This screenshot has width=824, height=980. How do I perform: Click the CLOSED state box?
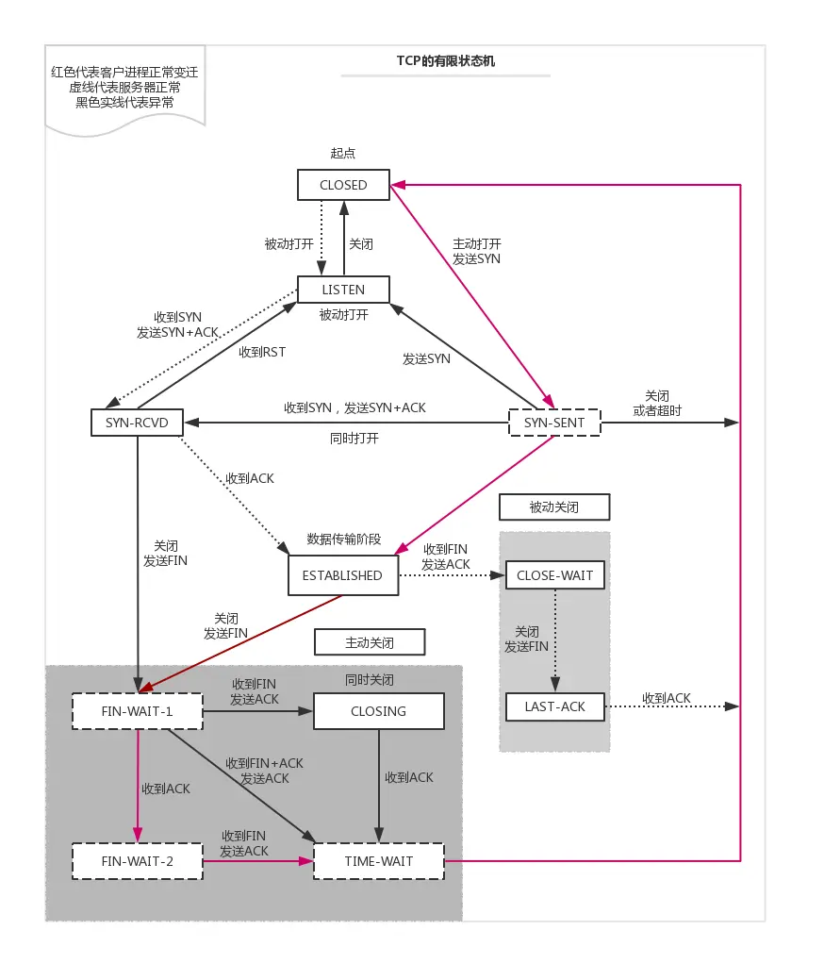tap(343, 185)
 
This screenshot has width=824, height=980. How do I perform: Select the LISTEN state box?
tap(343, 290)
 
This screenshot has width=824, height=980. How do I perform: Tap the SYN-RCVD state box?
tap(137, 423)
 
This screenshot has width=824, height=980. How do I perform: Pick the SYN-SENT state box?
tap(554, 423)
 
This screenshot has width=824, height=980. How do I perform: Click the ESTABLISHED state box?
tap(342, 575)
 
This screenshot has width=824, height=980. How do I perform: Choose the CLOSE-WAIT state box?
tap(554, 575)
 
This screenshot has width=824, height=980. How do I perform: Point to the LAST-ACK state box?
tap(554, 706)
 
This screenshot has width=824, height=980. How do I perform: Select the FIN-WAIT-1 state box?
tap(137, 711)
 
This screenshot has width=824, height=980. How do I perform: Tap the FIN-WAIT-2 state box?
tap(137, 861)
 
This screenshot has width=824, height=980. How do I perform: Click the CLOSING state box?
tap(378, 711)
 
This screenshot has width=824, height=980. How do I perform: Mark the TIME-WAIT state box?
tap(377, 861)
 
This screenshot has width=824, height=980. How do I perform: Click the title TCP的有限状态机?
tap(445, 61)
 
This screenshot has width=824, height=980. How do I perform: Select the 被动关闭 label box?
tap(554, 507)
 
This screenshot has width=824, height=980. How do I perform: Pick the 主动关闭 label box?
tap(369, 643)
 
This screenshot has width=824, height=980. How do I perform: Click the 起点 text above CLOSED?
tap(343, 153)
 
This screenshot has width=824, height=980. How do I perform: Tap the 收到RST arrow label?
tap(262, 352)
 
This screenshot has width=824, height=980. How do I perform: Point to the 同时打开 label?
tap(354, 439)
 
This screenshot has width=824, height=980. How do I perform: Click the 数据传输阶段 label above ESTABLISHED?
tap(344, 540)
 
